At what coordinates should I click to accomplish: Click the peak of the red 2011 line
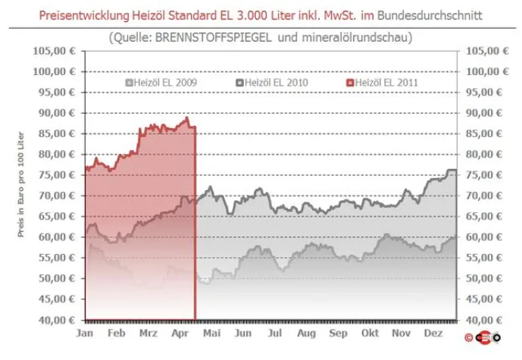[x=186, y=118]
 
